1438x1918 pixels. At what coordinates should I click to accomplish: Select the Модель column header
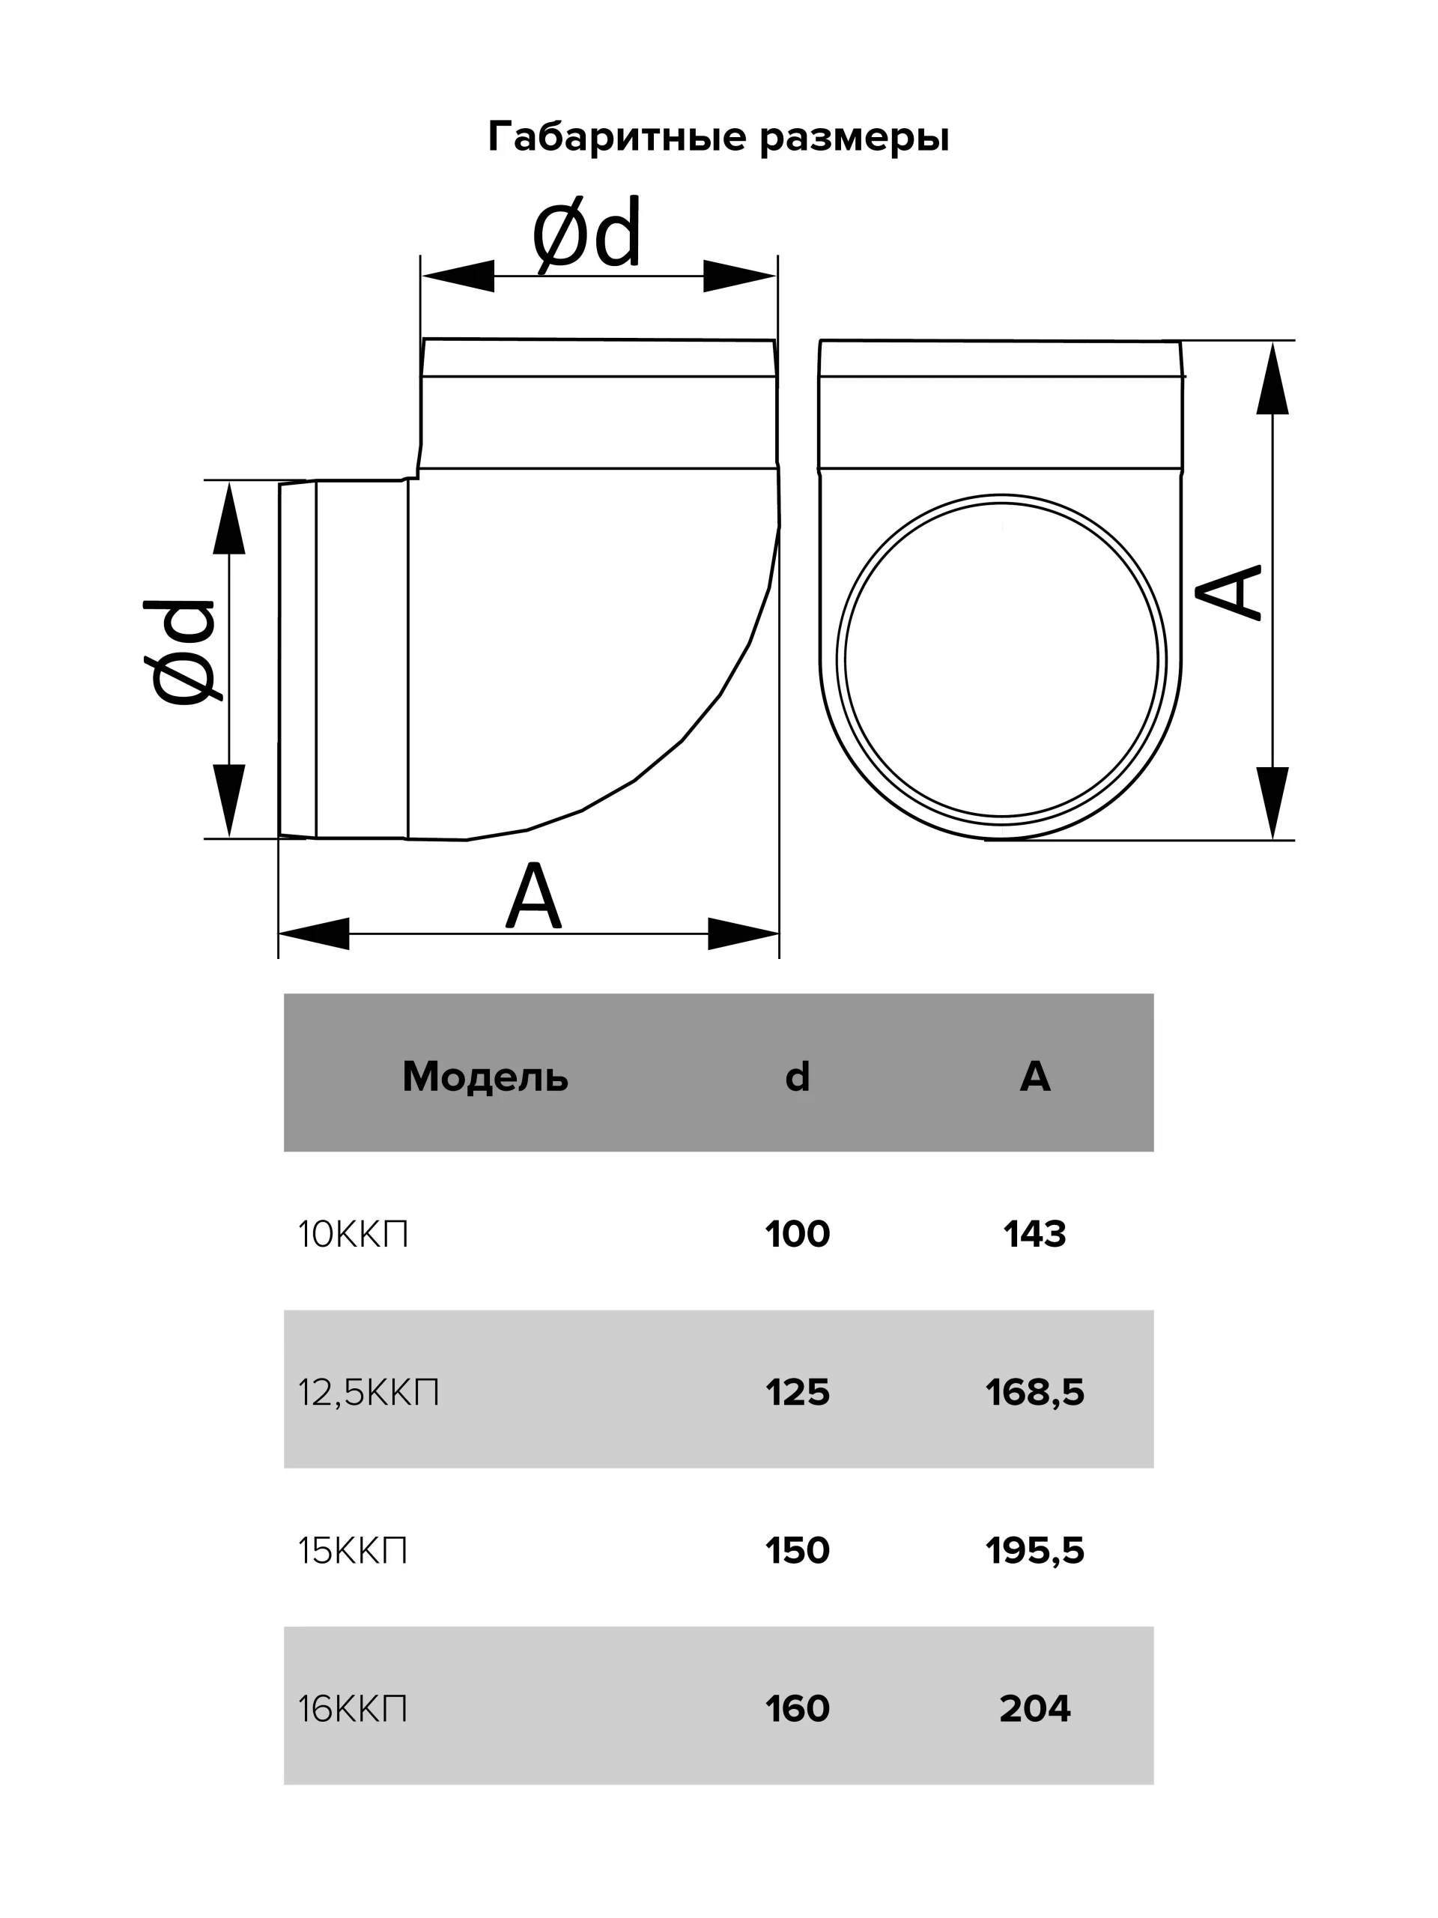[485, 1077]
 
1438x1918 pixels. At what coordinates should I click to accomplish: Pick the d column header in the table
[798, 1076]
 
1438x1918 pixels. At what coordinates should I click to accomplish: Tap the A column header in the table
[1035, 1076]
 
